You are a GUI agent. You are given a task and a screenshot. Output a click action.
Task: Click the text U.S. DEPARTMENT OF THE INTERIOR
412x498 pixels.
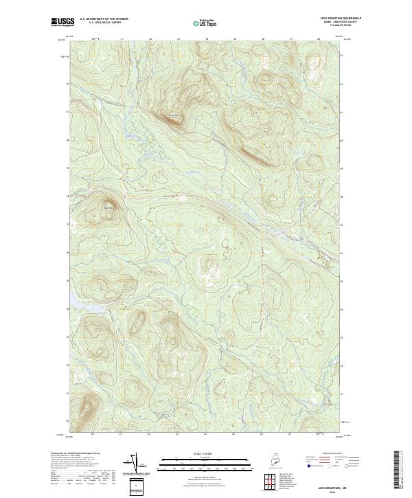(x=104, y=19)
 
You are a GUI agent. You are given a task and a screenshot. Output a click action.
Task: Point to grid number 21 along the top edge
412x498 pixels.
(x=122, y=39)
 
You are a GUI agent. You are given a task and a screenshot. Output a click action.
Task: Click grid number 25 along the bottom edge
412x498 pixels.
(x=233, y=434)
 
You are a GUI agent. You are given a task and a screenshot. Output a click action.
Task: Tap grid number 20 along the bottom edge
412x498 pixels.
(x=93, y=434)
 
